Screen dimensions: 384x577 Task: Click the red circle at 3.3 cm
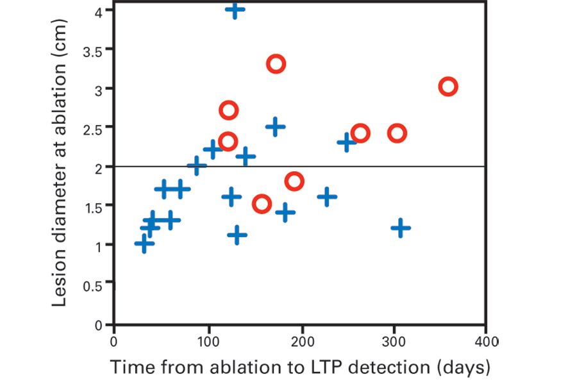click(276, 63)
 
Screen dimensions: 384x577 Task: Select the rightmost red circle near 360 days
click(448, 87)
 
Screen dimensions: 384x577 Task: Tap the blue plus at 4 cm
click(235, 10)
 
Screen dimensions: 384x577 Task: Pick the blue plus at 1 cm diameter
click(144, 244)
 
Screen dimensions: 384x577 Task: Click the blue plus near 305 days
click(401, 228)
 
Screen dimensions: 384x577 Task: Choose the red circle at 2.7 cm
click(229, 110)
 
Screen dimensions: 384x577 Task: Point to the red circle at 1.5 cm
click(262, 205)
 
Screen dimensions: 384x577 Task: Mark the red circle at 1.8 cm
click(294, 181)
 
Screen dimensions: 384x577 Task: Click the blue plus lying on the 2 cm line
click(197, 167)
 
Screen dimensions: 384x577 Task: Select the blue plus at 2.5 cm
click(275, 126)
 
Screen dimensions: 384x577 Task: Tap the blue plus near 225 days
click(327, 196)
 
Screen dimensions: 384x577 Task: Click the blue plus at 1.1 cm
click(237, 235)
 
